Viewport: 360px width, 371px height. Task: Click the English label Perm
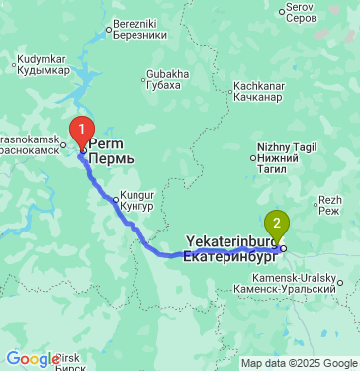104,144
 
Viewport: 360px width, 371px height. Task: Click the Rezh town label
330,199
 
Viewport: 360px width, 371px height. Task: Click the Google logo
31,359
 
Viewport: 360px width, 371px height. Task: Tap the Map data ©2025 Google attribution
300,363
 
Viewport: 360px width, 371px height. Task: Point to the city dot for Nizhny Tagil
253,157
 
